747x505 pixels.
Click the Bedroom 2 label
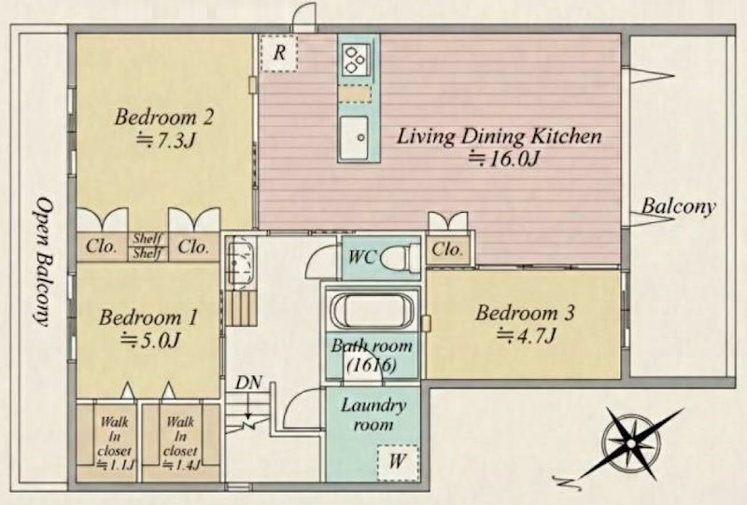click(163, 118)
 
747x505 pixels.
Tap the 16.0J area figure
click(503, 159)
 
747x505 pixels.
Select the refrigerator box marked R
click(279, 53)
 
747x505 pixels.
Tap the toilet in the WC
click(401, 258)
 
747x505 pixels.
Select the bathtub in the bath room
click(372, 311)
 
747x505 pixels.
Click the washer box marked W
click(398, 462)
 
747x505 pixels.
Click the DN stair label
click(248, 382)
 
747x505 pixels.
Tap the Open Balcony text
click(44, 262)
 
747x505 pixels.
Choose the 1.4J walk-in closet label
click(180, 443)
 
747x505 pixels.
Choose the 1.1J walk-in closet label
click(114, 443)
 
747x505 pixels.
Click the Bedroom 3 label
click(525, 313)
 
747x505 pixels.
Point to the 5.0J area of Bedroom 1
click(150, 340)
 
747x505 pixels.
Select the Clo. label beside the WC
click(447, 249)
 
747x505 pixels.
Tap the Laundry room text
click(373, 414)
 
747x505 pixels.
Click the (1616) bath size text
click(372, 365)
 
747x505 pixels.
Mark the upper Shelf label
click(148, 238)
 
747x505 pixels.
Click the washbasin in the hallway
click(241, 262)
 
